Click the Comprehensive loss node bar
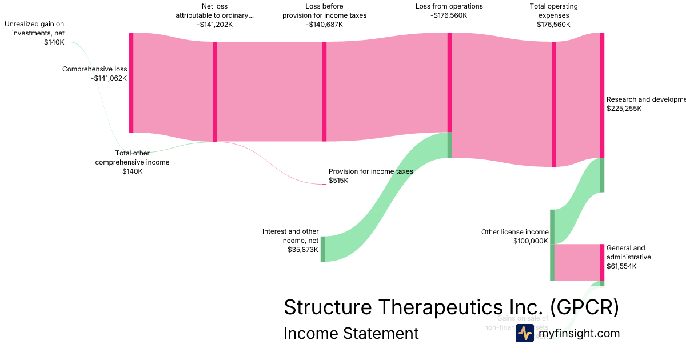pos(131,83)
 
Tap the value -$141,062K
pos(109,78)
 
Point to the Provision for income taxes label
pos(370,171)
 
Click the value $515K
pos(338,181)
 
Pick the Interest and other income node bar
pos(322,249)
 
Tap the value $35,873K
pos(303,250)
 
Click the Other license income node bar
pos(552,245)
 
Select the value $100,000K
pos(531,241)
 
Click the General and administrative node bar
pos(602,262)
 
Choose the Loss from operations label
pos(449,7)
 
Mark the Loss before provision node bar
pos(324,91)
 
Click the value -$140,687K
pos(325,25)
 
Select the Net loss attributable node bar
pos(215,91)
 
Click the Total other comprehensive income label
pos(132,158)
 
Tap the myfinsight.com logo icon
pos(524,333)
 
